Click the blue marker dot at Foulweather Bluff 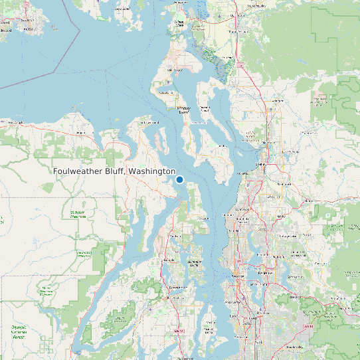pos(179,179)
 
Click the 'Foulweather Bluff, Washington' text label pos(114,171)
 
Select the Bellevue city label pos(268,272)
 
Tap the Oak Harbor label pos(174,70)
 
